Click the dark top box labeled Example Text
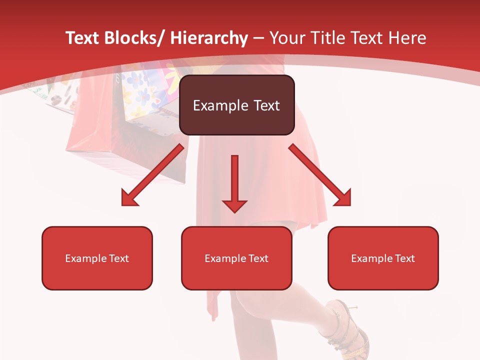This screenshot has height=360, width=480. pos(236,105)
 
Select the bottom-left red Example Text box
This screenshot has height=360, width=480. pos(97,258)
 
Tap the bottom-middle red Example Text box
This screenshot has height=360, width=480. pos(236,258)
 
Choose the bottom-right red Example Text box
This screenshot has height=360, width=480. pos(383,258)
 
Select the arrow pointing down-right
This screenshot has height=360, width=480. pos(320,175)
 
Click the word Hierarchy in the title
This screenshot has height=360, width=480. pos(209,38)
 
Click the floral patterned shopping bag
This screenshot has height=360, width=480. pos(145,95)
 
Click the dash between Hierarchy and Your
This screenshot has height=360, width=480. pos(258,38)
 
